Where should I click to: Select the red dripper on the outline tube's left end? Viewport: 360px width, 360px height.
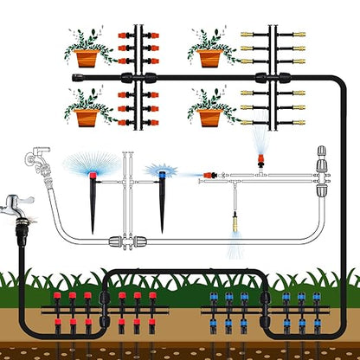tap(208, 176)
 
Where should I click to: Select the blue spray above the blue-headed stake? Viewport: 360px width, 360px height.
tap(161, 170)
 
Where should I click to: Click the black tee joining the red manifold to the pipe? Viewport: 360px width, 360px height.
tap(137, 78)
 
